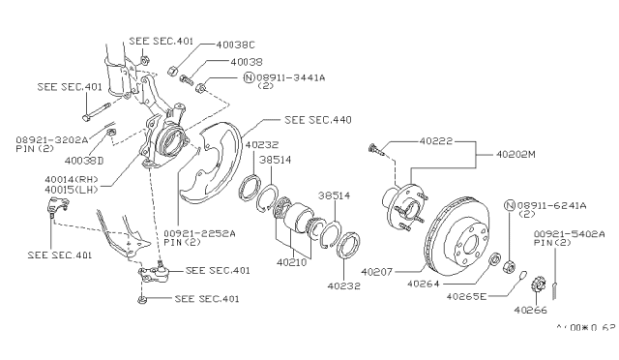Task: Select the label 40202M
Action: point(516,153)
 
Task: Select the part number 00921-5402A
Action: point(570,233)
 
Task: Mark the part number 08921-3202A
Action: point(51,139)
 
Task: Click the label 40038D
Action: point(84,160)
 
